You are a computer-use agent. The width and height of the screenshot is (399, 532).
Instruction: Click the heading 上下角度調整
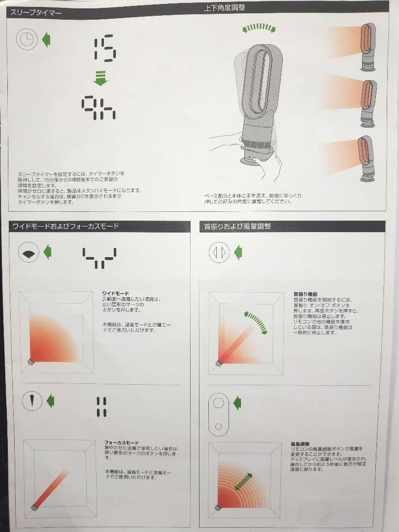(225, 8)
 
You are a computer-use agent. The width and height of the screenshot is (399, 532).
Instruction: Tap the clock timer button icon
(27, 39)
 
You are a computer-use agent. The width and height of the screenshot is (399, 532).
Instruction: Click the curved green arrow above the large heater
(259, 28)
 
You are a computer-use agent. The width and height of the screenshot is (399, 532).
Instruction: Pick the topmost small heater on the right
(367, 47)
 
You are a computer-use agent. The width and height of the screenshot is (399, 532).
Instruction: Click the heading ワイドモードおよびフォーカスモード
(65, 227)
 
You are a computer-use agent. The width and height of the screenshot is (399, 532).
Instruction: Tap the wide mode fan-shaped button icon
(29, 253)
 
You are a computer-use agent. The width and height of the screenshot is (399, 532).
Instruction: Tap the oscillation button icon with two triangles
(219, 253)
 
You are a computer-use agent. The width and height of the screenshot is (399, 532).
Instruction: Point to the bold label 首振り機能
(305, 293)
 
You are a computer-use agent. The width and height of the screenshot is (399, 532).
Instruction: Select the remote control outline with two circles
(219, 413)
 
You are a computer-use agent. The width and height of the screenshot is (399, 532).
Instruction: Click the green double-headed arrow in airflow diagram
(243, 481)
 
